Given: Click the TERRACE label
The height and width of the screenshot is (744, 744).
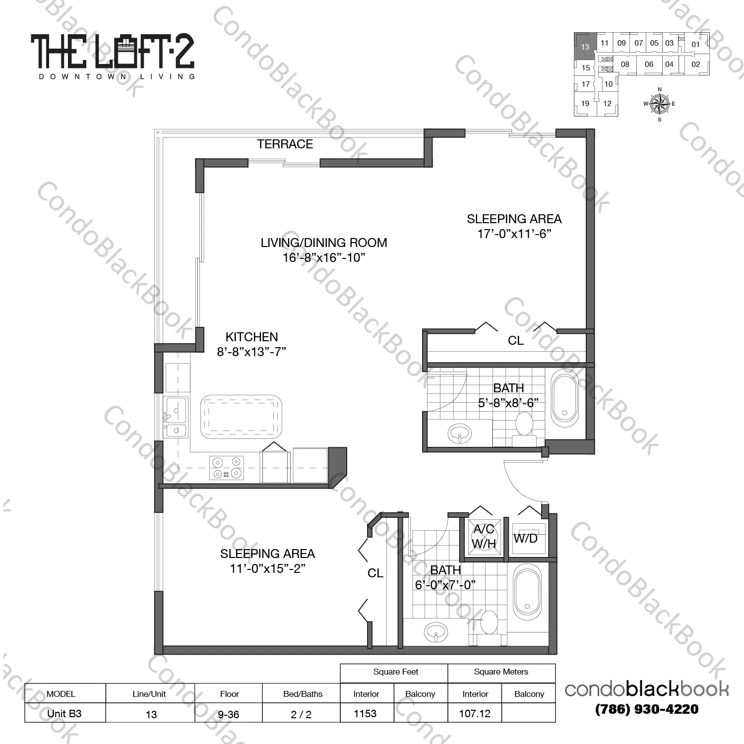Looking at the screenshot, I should (285, 144).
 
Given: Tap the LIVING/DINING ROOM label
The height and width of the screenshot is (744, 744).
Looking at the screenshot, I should (324, 243).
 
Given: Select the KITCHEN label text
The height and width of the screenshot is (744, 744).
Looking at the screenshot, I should (251, 337).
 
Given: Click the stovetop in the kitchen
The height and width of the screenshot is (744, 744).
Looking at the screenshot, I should (227, 468).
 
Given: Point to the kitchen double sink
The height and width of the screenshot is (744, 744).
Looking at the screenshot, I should (176, 417).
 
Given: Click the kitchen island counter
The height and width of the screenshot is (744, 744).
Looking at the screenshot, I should (241, 416).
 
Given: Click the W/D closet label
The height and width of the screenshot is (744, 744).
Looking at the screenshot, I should (525, 538).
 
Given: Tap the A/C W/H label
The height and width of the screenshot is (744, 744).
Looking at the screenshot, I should (484, 537).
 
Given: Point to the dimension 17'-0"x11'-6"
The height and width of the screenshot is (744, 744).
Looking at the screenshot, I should (514, 234).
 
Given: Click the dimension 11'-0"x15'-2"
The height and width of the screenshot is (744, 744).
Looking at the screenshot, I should (267, 568).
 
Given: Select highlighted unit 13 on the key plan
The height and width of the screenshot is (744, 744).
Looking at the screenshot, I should (585, 47).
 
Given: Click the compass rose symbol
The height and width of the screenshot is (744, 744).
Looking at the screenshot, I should (659, 104).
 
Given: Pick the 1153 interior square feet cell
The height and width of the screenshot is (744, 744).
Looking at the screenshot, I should (366, 713).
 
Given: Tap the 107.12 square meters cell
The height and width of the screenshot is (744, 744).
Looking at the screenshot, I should (475, 713).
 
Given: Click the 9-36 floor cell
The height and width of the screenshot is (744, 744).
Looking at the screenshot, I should (229, 714).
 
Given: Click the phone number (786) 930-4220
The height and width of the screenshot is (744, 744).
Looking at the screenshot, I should (646, 709).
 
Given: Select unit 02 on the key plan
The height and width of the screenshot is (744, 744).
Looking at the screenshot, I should (695, 64).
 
